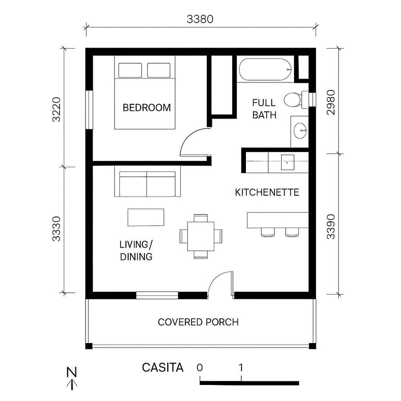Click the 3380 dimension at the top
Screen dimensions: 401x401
tap(200, 19)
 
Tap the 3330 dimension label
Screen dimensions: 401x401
tap(57, 229)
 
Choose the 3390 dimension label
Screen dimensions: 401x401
tap(330, 228)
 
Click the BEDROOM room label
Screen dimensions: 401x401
tap(147, 108)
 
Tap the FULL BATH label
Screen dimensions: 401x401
tap(264, 109)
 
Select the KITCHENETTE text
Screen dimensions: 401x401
tap(266, 193)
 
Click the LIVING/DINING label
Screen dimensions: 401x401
tap(136, 250)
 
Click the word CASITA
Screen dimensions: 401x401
tap(163, 368)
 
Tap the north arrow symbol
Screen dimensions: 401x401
tap(71, 378)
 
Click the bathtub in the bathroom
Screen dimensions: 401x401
tap(265, 70)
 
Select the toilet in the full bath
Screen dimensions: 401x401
tap(295, 99)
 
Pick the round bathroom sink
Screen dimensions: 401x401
tap(300, 131)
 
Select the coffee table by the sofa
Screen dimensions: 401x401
tap(146, 217)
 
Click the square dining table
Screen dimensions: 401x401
tap(200, 236)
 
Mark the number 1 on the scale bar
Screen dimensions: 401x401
tap(241, 368)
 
